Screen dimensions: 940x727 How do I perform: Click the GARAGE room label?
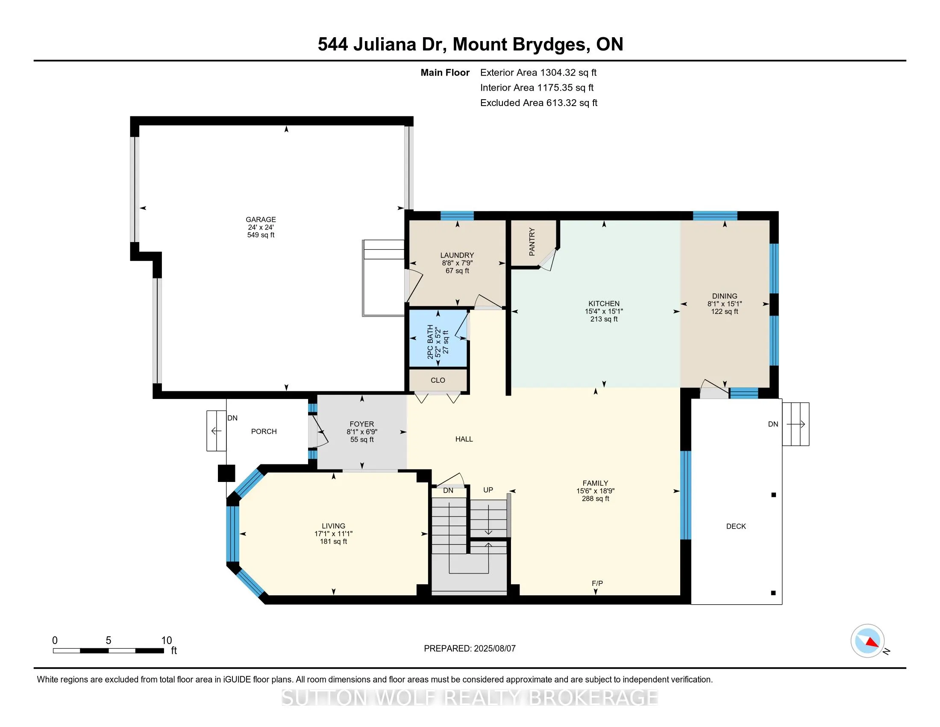click(x=261, y=219)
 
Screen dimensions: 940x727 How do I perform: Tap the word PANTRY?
click(x=532, y=242)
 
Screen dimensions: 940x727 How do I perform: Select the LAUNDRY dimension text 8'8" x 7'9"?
click(x=457, y=263)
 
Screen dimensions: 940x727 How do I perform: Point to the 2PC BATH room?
click(x=438, y=339)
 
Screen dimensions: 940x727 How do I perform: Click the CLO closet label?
click(x=438, y=380)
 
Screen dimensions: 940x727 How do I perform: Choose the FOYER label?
click(x=361, y=424)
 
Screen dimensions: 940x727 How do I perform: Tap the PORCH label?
click(x=264, y=431)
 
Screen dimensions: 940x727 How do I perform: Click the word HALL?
click(x=464, y=439)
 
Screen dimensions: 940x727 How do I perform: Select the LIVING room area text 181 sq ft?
click(x=333, y=541)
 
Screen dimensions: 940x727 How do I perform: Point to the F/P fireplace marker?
click(x=597, y=583)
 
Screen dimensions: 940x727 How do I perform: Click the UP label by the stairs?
click(x=488, y=490)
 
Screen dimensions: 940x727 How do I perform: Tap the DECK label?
click(x=736, y=526)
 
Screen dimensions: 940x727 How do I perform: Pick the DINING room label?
click(x=724, y=296)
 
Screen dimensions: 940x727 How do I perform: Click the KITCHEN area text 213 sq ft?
click(x=604, y=319)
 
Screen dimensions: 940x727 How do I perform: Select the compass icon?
click(x=868, y=641)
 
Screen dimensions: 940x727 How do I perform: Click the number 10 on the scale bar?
click(x=167, y=641)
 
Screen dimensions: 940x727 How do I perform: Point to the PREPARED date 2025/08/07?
click(x=494, y=649)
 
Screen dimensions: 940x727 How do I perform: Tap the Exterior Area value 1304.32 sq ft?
click(x=568, y=72)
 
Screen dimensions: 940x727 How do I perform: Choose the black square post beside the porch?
click(x=226, y=473)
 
